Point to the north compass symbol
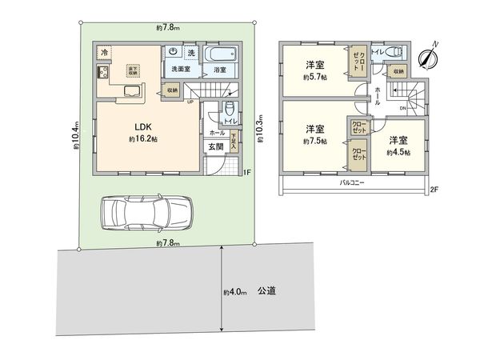pos(429,54)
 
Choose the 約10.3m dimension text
pos(260,126)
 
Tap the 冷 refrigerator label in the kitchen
pos(105,53)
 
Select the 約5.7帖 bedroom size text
pos(313,77)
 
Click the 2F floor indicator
pos(434,189)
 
